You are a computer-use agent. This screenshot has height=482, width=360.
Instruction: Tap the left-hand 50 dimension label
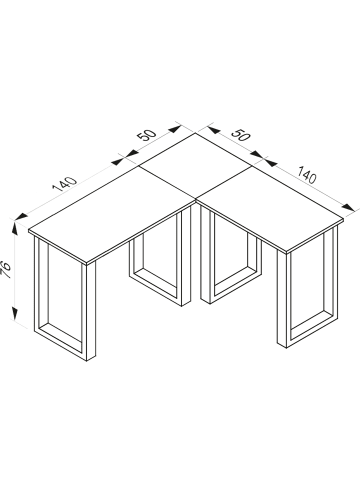tap(146, 134)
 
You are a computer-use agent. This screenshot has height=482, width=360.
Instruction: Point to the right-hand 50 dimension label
tap(241, 134)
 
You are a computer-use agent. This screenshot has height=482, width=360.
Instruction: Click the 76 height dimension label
tap(6, 270)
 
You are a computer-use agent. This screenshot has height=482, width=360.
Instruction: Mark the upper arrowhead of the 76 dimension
tap(15, 229)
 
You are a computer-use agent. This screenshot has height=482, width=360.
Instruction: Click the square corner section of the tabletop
tap(195, 166)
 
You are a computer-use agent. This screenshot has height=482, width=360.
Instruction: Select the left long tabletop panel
tap(112, 213)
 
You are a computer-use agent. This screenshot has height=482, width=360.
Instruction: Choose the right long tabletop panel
tap(270, 208)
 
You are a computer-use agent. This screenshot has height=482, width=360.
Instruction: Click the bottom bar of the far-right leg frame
tap(312, 330)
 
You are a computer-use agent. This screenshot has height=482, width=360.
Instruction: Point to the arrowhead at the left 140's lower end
tap(21, 216)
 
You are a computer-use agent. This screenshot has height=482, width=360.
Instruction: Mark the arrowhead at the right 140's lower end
tap(349, 207)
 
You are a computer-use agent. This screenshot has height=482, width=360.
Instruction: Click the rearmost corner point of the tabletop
tap(195, 133)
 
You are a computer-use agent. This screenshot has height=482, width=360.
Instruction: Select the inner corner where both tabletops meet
tap(195, 200)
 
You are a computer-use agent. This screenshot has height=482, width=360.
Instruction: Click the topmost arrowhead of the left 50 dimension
tap(175, 129)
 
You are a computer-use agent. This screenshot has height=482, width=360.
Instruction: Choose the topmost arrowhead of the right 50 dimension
tap(213, 129)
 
